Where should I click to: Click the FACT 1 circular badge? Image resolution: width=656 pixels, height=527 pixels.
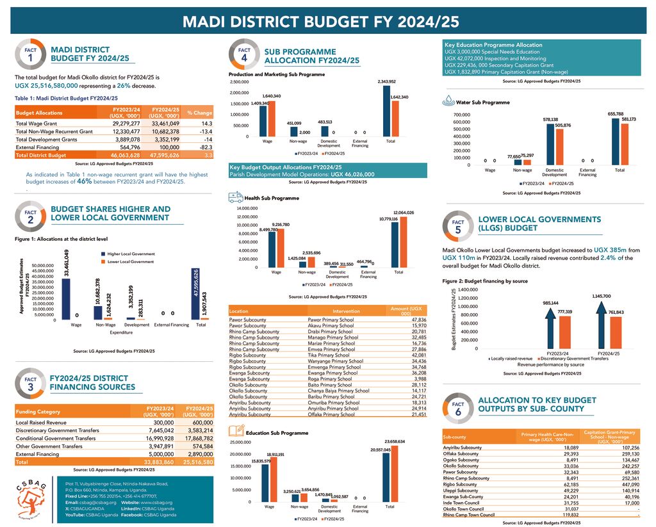[x=30, y=54]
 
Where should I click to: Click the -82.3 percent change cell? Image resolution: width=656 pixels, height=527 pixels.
[x=202, y=147]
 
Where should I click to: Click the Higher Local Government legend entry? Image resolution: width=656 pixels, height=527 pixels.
[x=131, y=254]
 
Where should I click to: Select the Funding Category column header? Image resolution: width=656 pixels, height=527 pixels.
[x=38, y=412]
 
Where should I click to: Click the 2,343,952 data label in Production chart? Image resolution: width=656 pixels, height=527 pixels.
[x=386, y=82]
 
